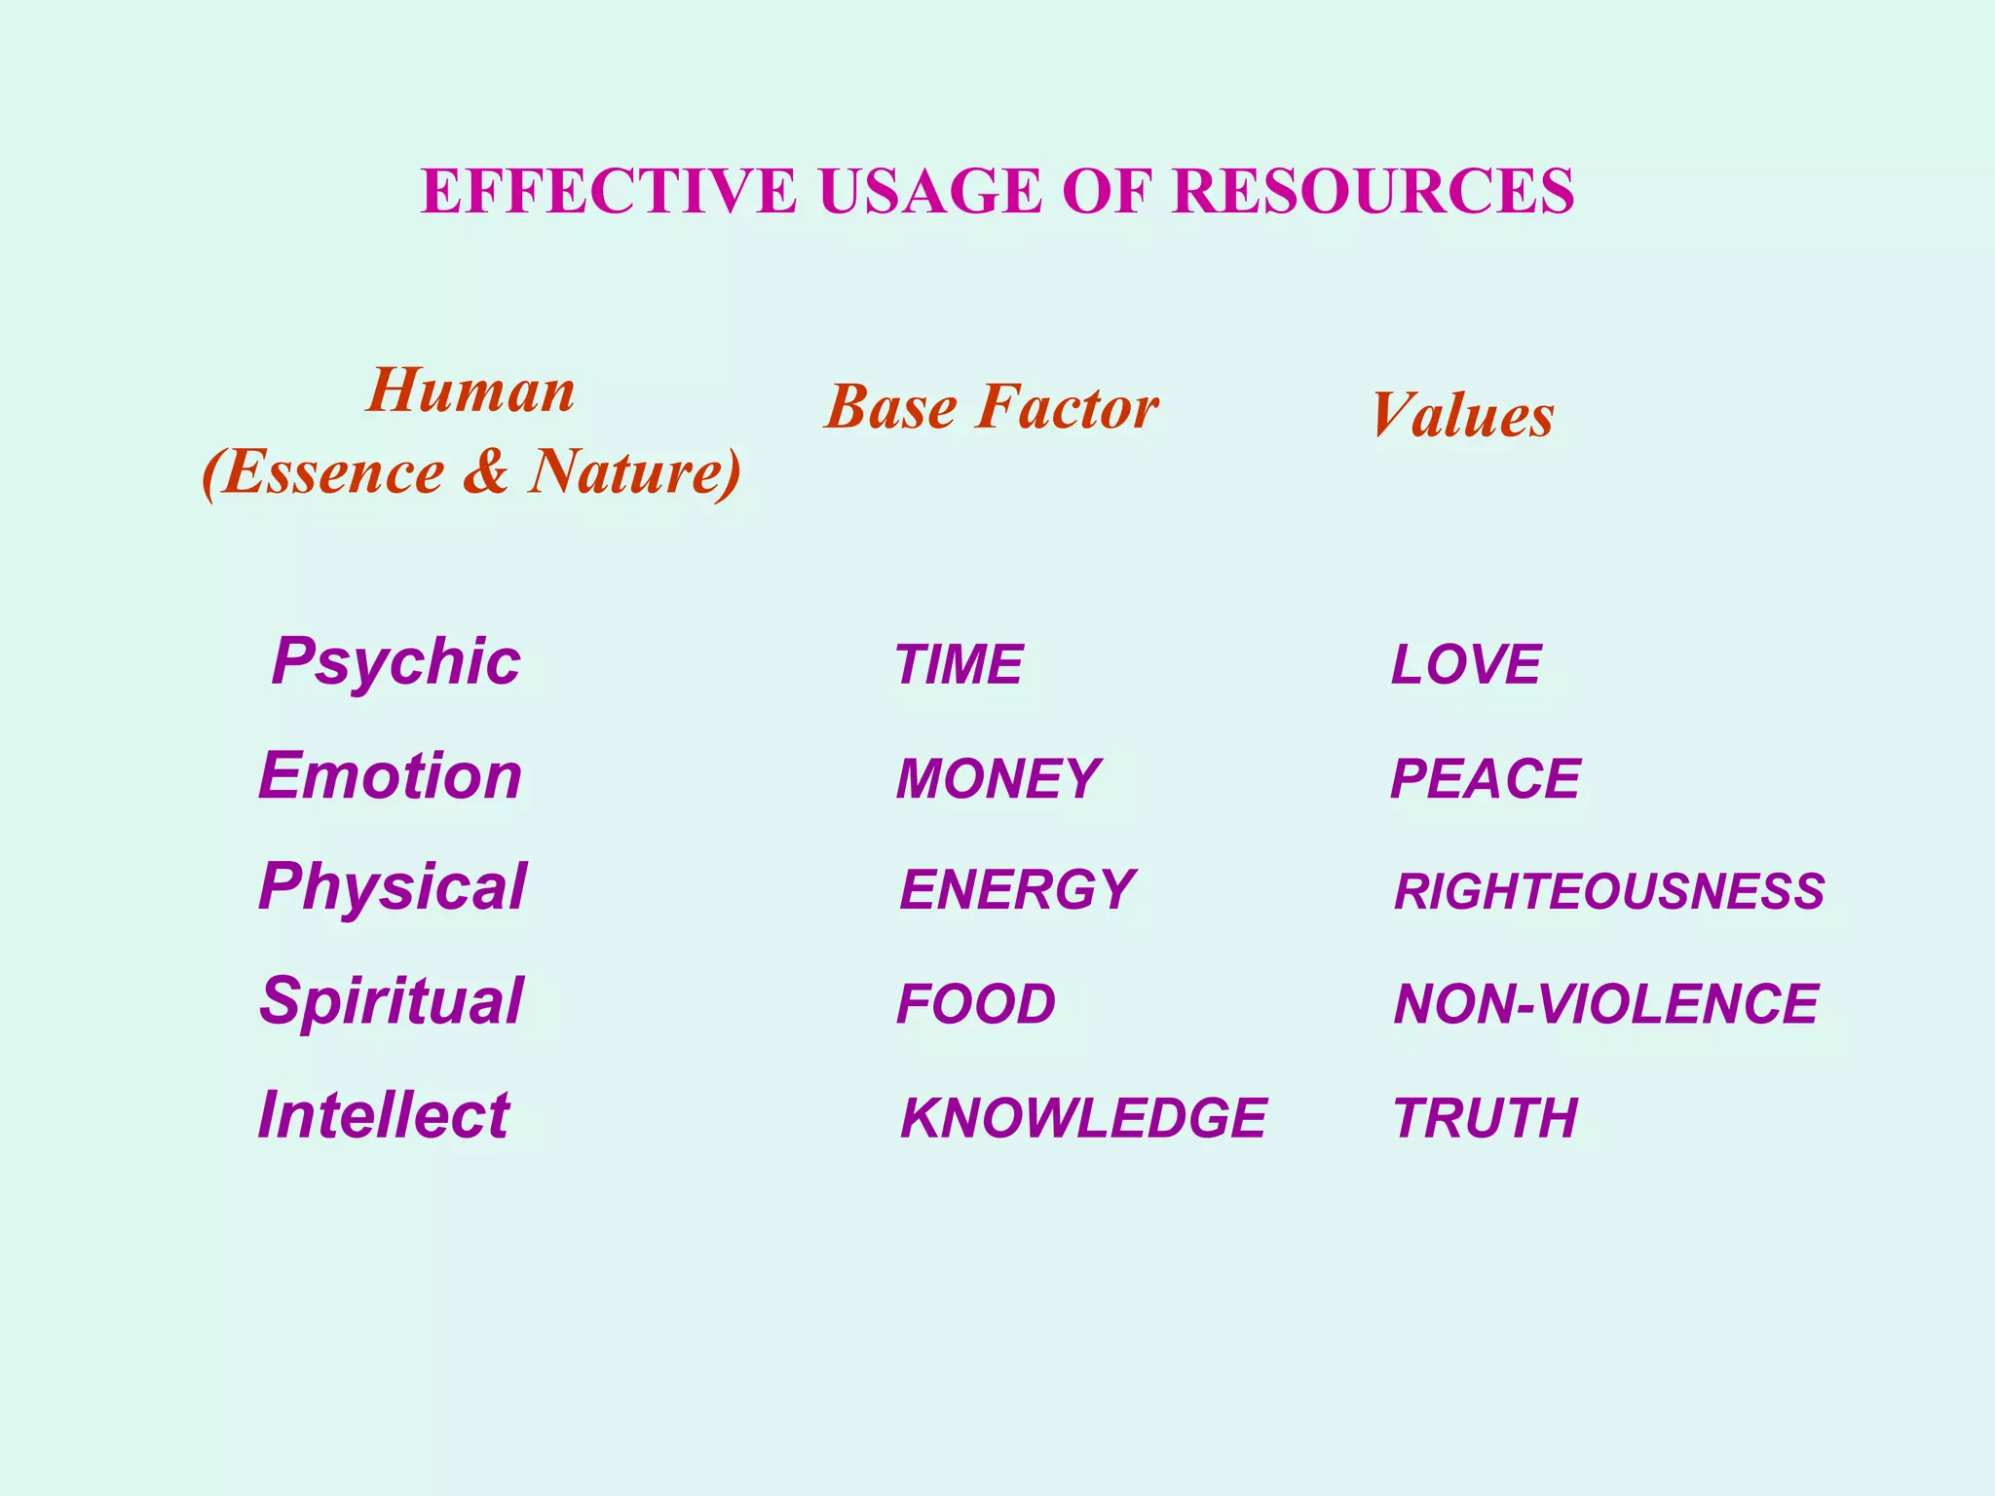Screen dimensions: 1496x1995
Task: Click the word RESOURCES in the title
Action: [x=1374, y=191]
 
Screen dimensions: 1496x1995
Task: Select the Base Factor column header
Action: [x=992, y=407]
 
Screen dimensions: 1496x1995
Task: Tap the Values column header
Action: [x=1462, y=416]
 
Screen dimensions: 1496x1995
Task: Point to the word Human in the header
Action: [x=471, y=392]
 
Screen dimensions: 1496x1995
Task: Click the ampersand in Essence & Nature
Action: [x=486, y=471]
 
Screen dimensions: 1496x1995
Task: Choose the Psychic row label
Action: [x=395, y=662]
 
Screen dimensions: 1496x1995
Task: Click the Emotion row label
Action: [x=390, y=776]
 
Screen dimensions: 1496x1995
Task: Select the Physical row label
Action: [x=393, y=887]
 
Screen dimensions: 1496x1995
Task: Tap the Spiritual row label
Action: [x=392, y=1001]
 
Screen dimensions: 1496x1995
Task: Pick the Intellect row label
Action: [x=384, y=1115]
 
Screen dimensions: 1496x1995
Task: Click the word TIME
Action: [x=959, y=665]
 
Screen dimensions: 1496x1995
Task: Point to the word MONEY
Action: [x=997, y=779]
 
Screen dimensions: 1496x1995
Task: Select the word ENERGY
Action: [x=1017, y=890]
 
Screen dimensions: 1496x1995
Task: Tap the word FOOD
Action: [x=976, y=1004]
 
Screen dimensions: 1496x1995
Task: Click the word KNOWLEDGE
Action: [x=1083, y=1118]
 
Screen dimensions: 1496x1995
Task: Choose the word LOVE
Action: [x=1465, y=665]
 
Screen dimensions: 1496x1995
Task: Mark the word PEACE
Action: [x=1485, y=779]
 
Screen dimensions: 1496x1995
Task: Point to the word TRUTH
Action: [x=1485, y=1118]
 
